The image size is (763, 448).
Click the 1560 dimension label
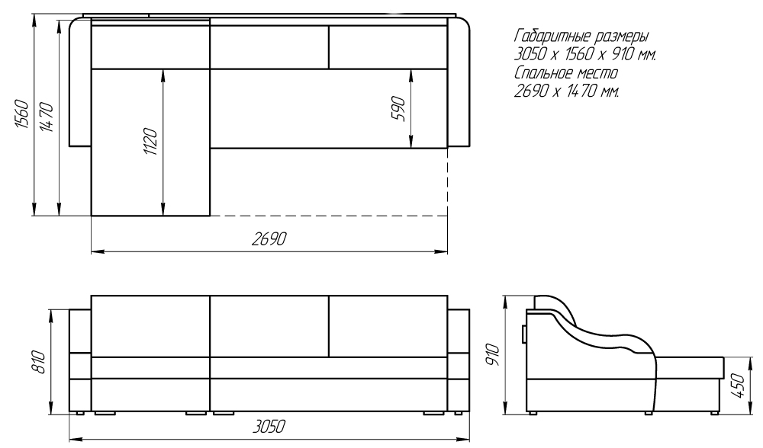pos(22,114)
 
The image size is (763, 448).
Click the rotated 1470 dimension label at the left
pos(47,117)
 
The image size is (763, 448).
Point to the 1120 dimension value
pos(151,142)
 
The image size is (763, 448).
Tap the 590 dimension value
pos(398,109)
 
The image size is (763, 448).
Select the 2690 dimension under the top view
pos(269,239)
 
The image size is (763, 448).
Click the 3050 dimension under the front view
pos(269,426)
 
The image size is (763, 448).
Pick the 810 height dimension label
pos(39,362)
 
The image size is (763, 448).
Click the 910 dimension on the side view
pos(493,355)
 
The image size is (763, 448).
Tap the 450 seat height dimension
pos(739,386)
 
